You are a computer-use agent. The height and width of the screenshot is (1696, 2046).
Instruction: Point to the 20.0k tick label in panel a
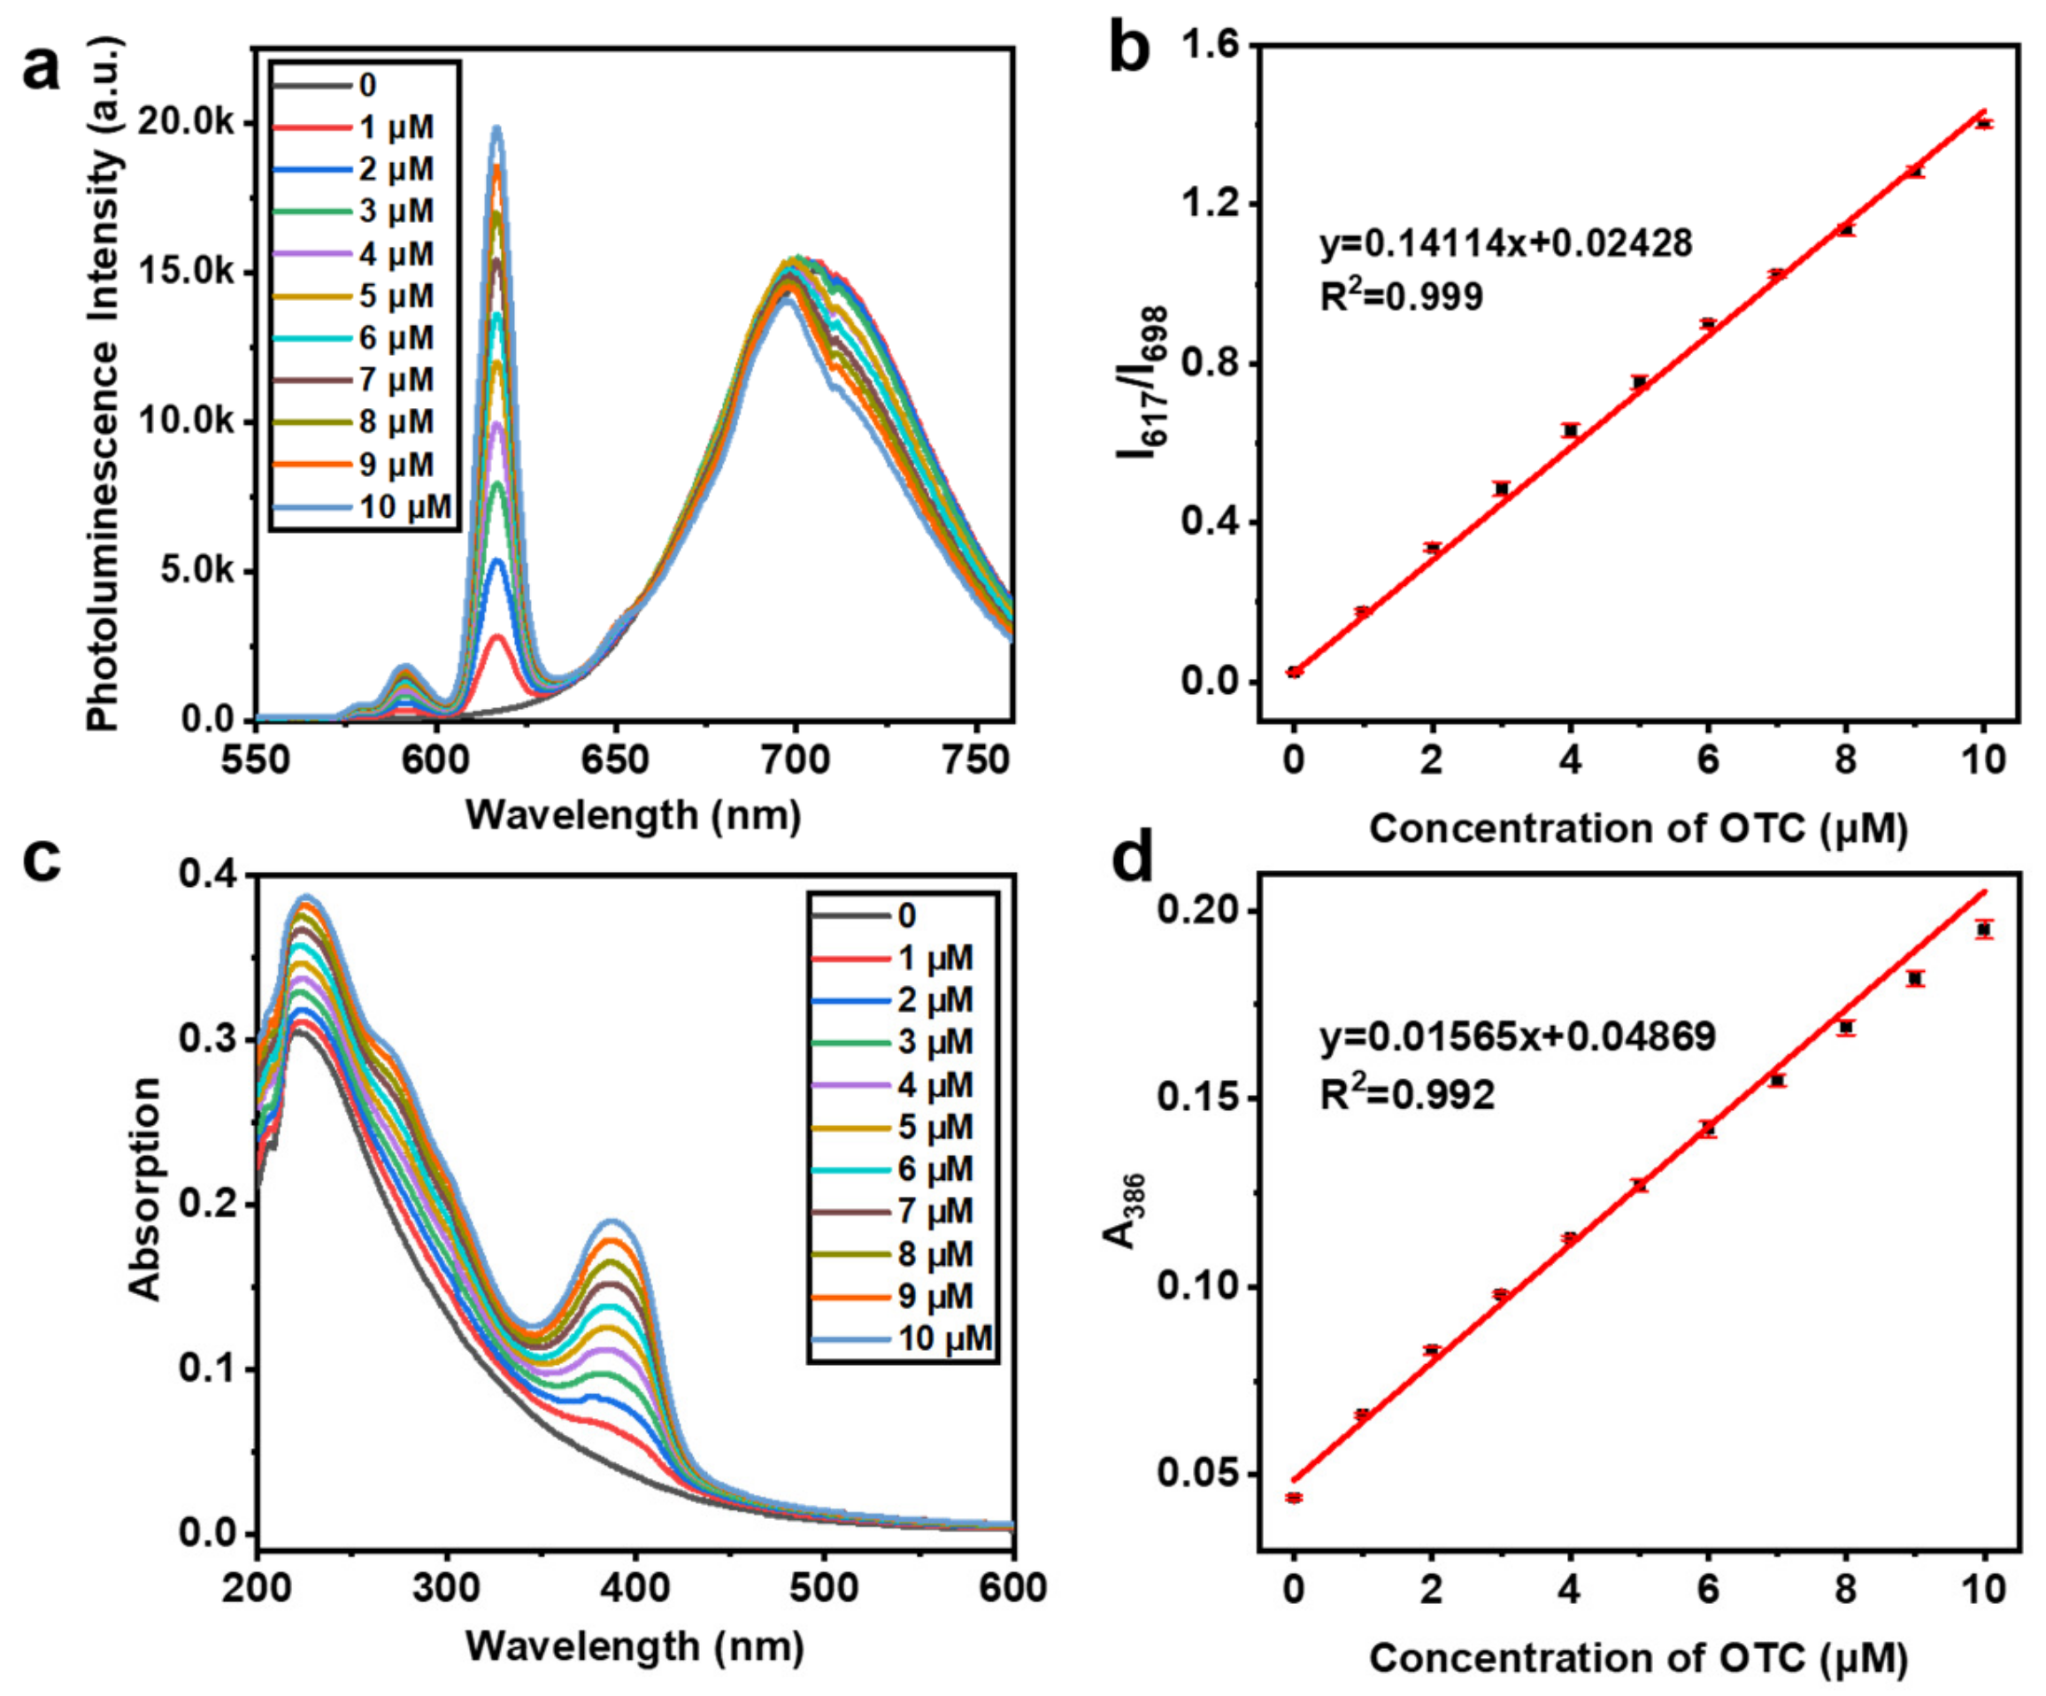186,123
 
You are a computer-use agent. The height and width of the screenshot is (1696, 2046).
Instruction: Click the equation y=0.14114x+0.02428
1506,243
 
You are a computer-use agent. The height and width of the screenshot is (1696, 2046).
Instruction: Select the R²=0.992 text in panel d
1407,1096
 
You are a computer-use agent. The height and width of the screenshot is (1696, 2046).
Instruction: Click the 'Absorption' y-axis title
144,1188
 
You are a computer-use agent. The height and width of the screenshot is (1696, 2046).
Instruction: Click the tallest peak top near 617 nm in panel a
496,128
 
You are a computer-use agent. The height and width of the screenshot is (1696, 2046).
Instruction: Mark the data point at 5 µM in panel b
1640,382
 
